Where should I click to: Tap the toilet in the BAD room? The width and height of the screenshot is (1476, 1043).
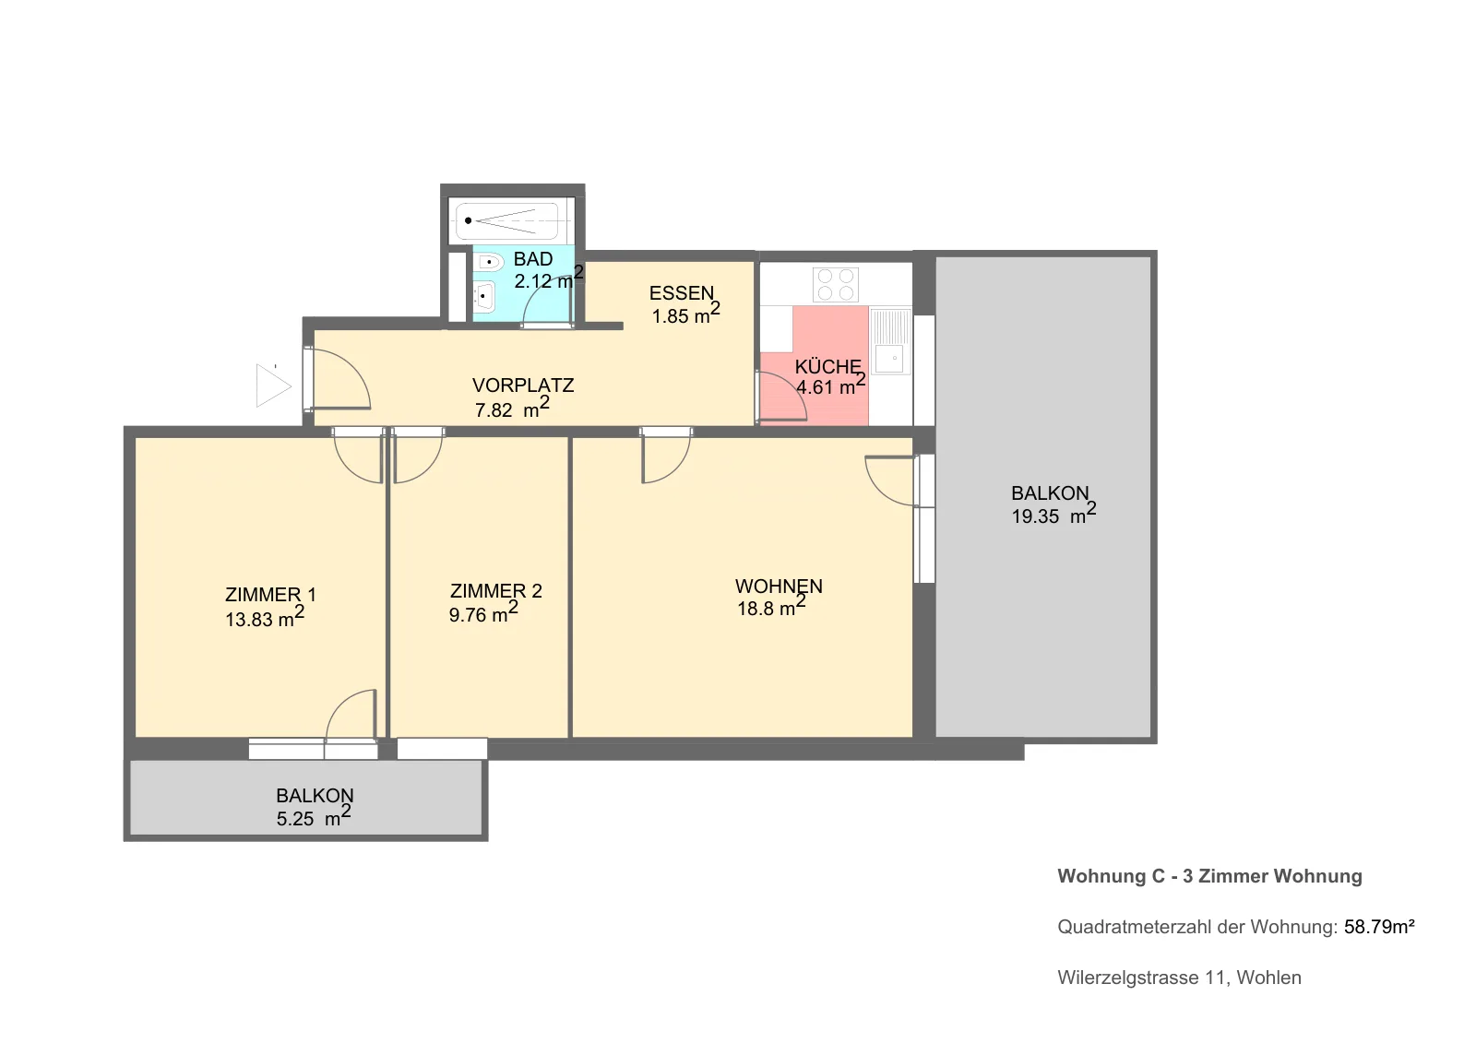(488, 262)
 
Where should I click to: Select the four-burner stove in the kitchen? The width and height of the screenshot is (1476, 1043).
(835, 284)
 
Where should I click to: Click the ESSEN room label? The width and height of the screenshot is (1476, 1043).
(682, 292)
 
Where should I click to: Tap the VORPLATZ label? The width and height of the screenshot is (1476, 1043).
(523, 385)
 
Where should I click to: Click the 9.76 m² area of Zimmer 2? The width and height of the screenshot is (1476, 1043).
(483, 612)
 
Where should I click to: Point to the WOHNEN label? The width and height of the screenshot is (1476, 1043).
(779, 586)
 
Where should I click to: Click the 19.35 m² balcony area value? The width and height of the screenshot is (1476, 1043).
(1053, 514)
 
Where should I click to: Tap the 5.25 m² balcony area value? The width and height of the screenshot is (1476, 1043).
(314, 816)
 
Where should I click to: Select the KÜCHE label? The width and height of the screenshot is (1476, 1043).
(827, 366)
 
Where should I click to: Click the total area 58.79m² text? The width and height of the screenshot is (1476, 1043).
(1379, 927)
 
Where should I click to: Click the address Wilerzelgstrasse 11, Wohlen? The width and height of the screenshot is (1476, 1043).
(1180, 978)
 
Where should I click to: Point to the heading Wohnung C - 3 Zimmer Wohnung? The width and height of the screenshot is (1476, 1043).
(1209, 876)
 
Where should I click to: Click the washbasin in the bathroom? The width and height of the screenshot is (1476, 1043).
(484, 297)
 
